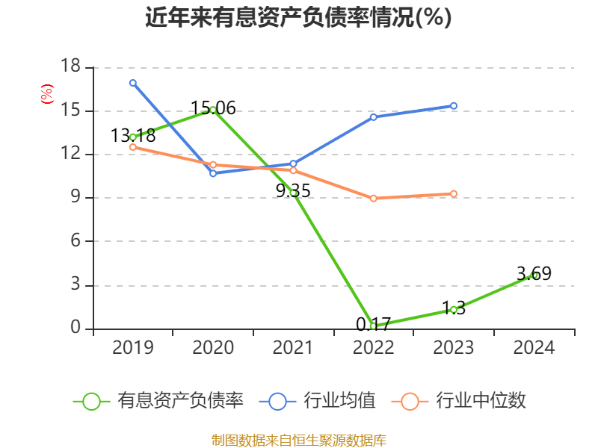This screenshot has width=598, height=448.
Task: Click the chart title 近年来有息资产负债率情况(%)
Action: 298,18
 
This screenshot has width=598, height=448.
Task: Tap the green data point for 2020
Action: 213,110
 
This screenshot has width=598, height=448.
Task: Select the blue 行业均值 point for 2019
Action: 133,83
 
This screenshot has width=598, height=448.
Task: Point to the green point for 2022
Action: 373,326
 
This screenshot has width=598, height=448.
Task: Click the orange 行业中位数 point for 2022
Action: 373,198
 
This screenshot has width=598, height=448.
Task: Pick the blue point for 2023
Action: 454,106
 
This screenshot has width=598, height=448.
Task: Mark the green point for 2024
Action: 534,275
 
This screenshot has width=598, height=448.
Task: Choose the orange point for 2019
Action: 133,147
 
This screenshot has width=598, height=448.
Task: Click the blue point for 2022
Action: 373,116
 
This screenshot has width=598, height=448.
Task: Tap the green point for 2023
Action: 454,309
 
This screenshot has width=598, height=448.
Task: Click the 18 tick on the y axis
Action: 70,67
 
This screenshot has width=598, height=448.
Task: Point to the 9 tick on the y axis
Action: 75,198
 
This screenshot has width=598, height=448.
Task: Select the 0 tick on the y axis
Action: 75,329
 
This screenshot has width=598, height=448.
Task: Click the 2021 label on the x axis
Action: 293,348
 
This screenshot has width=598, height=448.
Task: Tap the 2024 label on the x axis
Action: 534,348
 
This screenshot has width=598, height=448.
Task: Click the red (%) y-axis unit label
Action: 47,94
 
